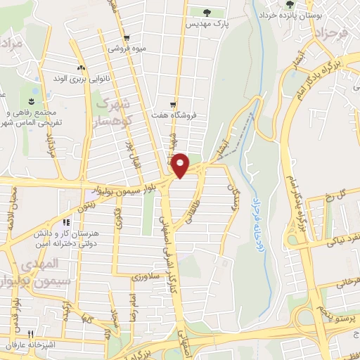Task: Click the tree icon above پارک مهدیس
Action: pyautogui.click(x=207, y=13)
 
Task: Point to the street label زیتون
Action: pyautogui.click(x=84, y=205)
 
